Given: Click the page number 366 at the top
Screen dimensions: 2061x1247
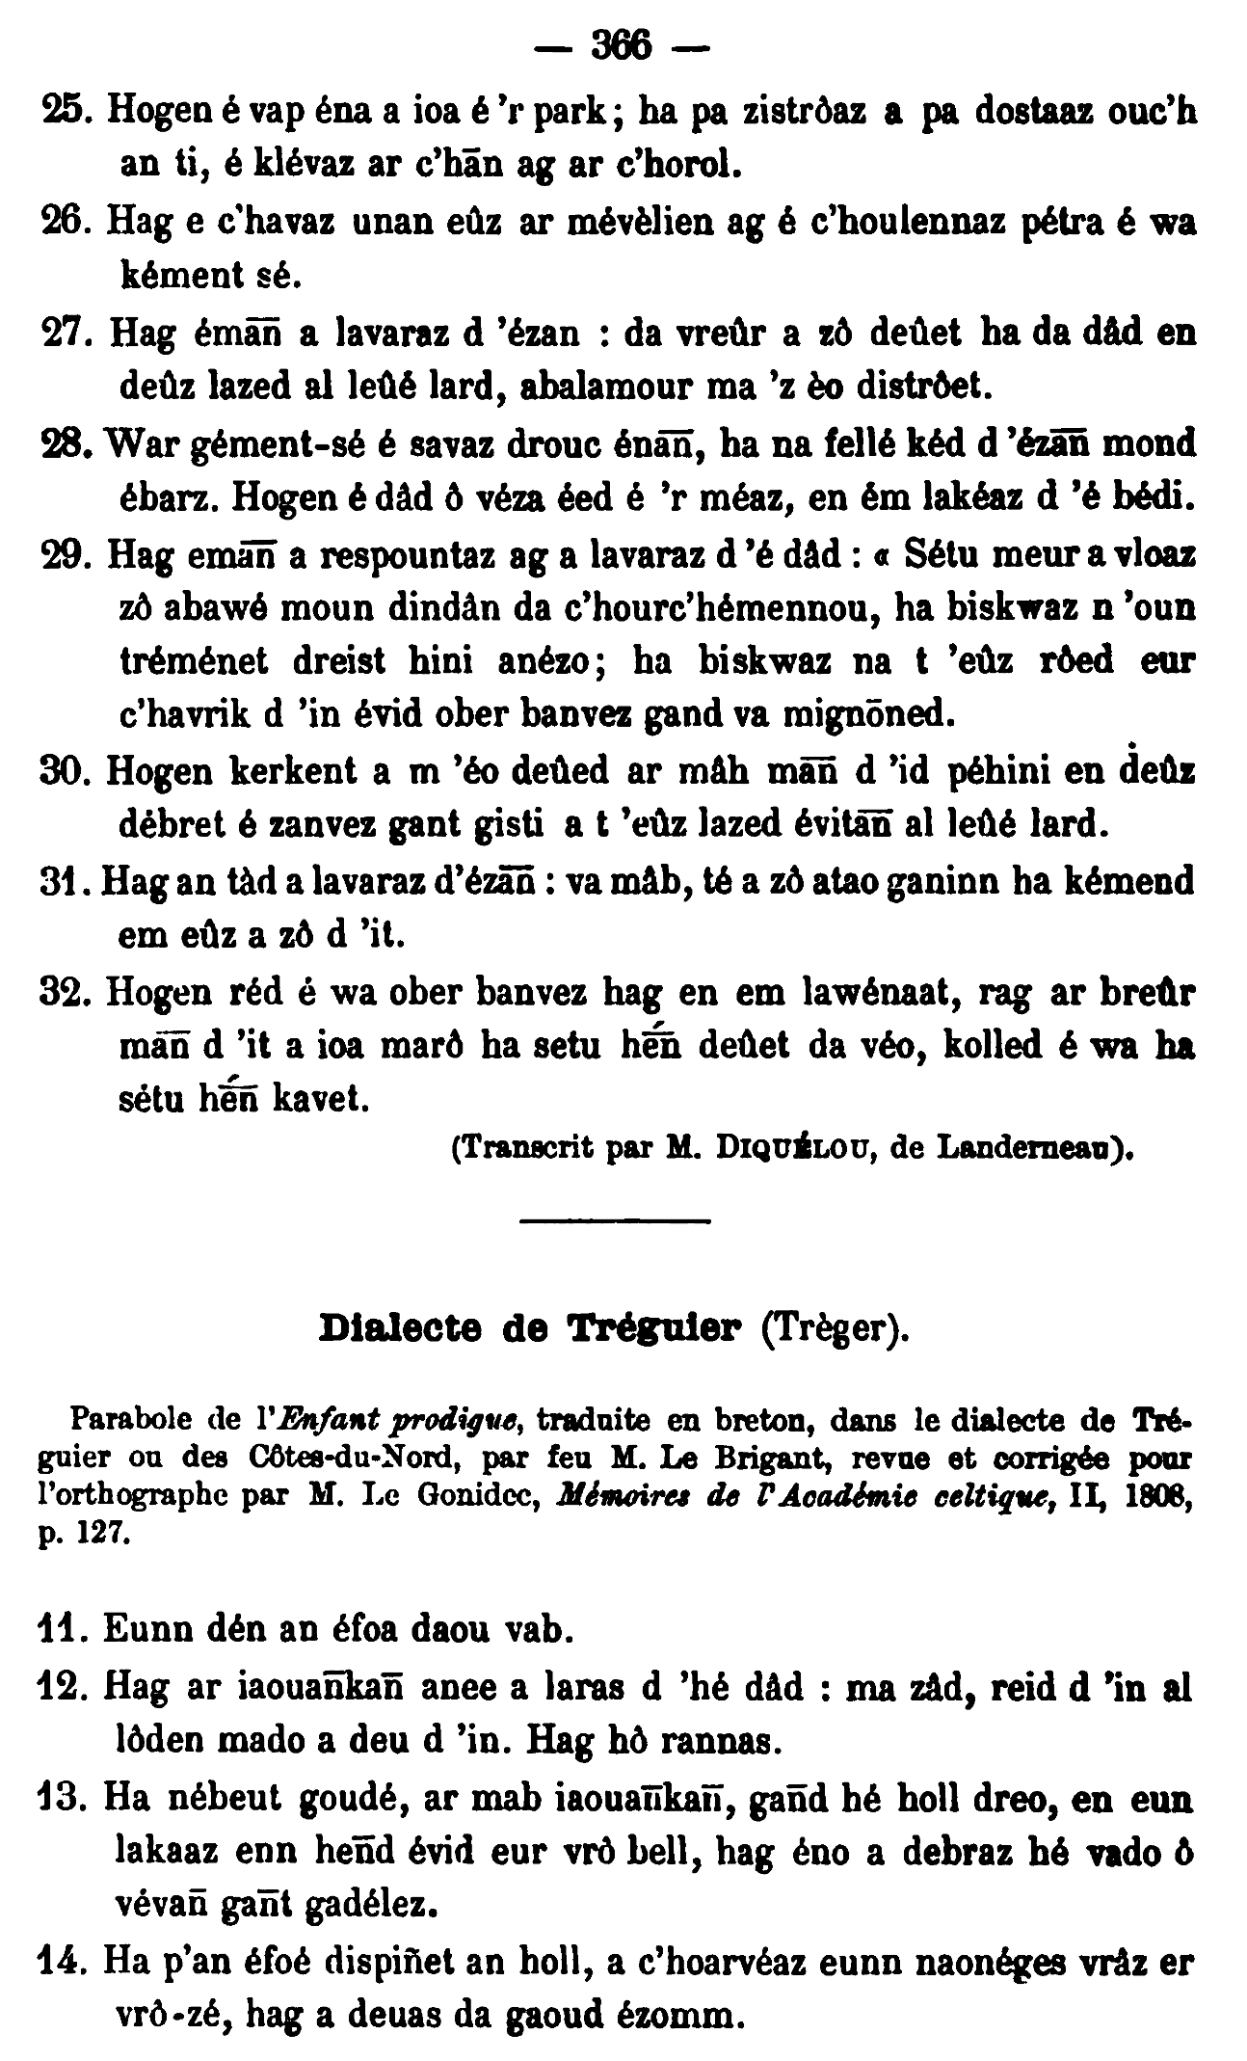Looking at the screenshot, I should [623, 45].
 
